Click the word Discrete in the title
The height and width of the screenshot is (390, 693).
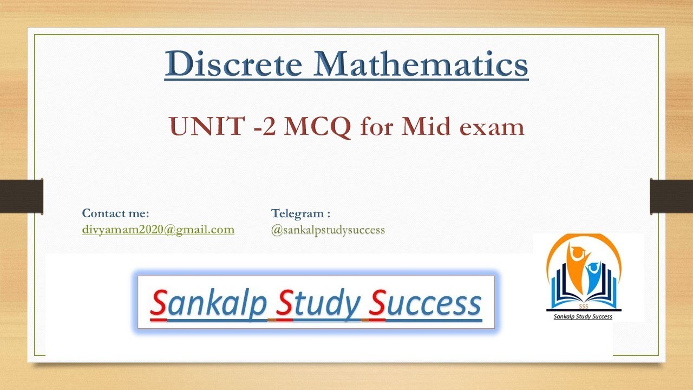(234, 64)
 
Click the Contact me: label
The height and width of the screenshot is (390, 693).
(115, 213)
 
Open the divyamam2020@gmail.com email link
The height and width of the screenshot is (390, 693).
(158, 230)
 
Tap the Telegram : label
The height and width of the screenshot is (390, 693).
(300, 213)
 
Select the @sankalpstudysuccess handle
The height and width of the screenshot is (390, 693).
(328, 230)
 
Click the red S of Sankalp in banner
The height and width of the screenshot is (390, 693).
(158, 303)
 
